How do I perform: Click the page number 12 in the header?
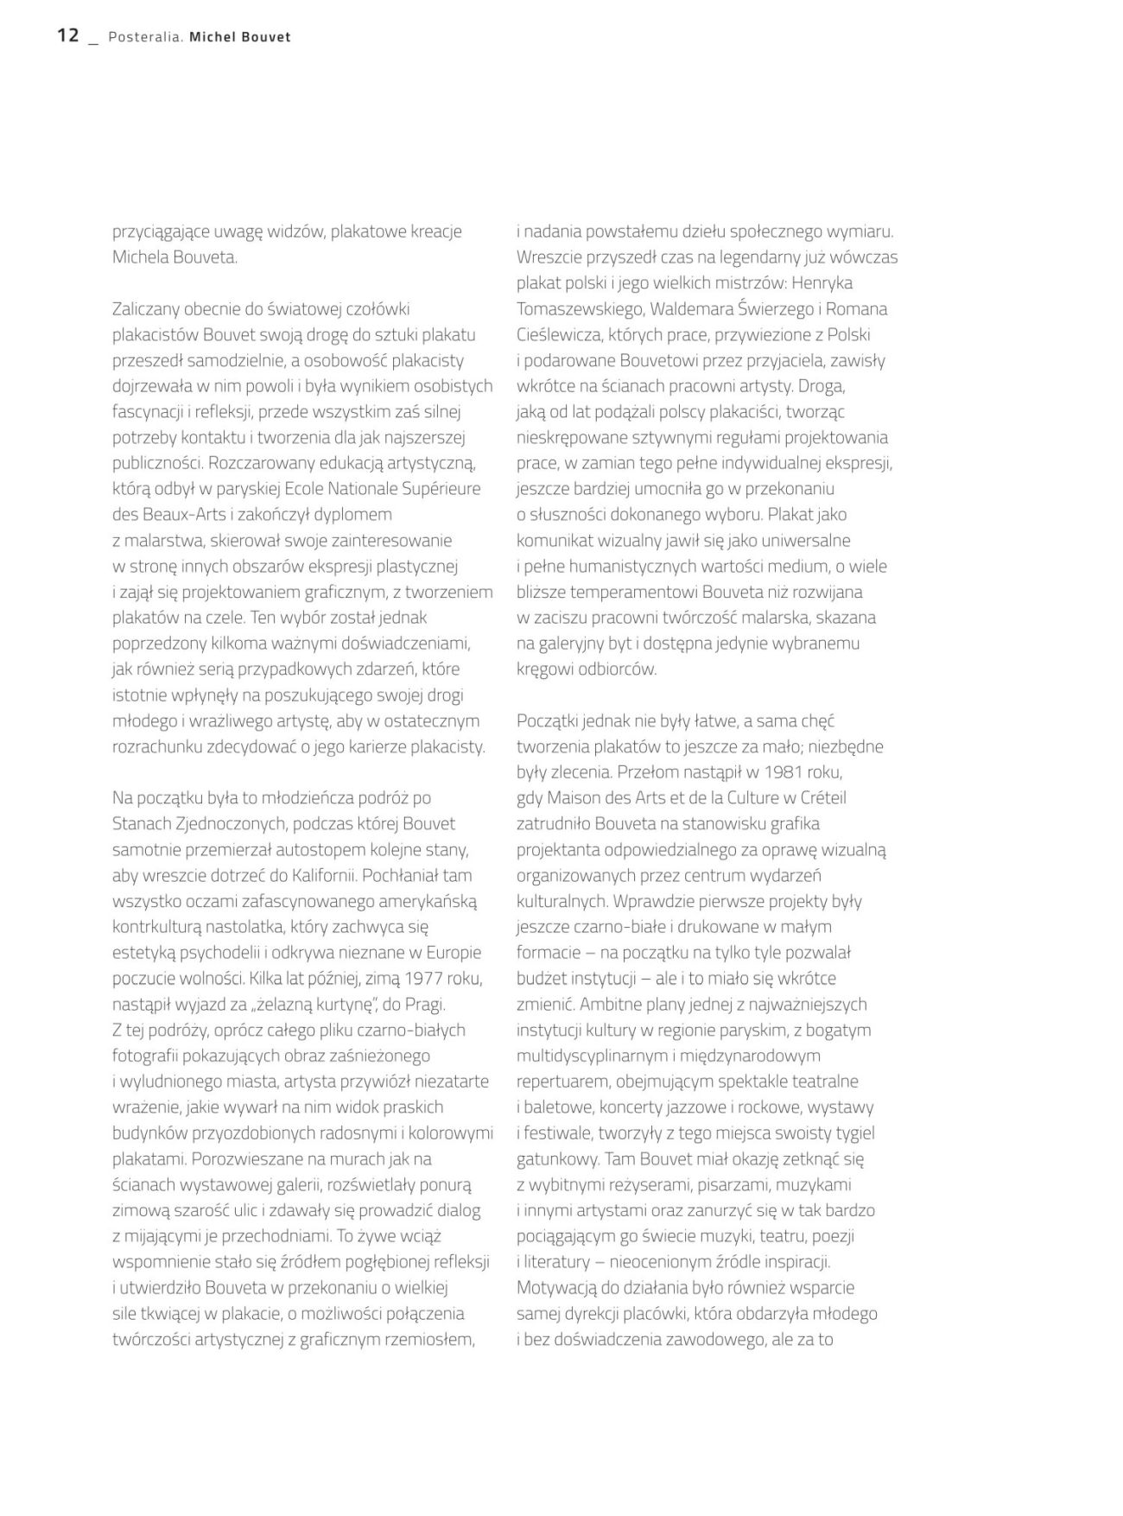pos(68,35)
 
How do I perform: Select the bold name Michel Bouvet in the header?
pos(240,37)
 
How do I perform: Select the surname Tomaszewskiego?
pos(580,309)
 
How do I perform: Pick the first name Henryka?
pos(822,283)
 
